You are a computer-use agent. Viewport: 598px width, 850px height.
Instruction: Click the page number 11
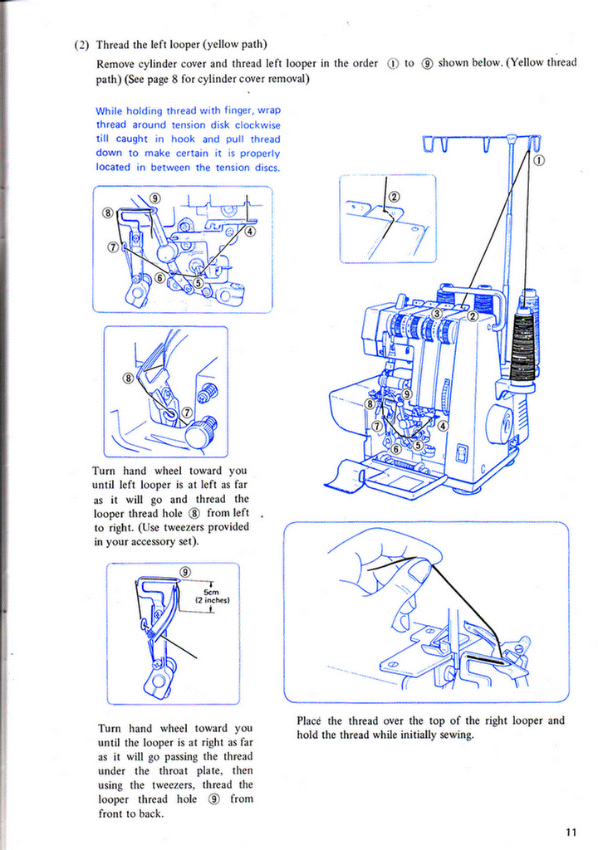click(x=571, y=833)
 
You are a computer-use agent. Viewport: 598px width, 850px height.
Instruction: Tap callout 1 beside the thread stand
click(x=538, y=160)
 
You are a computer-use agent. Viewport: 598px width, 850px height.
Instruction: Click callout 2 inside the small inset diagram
click(x=394, y=197)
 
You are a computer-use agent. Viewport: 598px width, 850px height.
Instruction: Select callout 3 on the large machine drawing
click(x=436, y=313)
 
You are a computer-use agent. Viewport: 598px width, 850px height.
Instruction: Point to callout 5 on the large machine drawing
click(x=418, y=446)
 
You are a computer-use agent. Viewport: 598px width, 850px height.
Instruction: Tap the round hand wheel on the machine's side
click(x=499, y=425)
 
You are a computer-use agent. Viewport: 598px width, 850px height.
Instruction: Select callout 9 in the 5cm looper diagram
click(x=185, y=571)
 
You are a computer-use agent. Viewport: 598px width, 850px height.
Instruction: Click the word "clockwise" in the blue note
click(x=257, y=125)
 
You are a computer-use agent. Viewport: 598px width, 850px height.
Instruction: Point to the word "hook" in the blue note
click(x=188, y=139)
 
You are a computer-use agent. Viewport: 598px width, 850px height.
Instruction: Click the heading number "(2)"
click(x=82, y=45)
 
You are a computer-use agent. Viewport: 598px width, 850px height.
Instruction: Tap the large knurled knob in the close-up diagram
click(x=200, y=433)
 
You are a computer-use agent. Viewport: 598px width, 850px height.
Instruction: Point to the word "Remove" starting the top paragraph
click(x=117, y=63)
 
